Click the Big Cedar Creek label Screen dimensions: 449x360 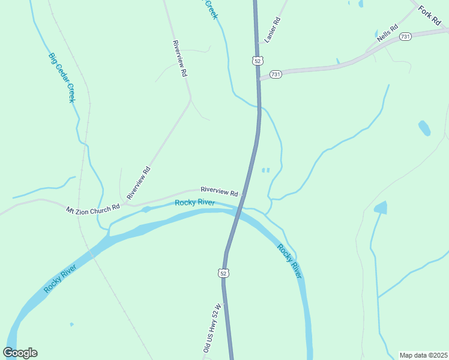tap(62, 78)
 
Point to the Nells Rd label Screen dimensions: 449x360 tap(387, 33)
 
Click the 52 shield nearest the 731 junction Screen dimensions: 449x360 tap(258, 61)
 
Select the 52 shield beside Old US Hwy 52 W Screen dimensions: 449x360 tap(223, 273)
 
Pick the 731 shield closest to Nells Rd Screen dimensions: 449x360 tap(406, 37)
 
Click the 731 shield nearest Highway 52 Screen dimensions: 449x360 tap(276, 74)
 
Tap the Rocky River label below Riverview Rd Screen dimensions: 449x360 tap(195, 203)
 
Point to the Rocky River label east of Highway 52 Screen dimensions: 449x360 tap(289, 260)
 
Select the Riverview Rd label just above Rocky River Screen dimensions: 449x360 tap(219, 192)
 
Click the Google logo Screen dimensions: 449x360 tap(20, 353)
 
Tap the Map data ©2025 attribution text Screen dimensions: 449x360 tap(424, 355)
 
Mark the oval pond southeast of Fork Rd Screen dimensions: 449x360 tap(424, 128)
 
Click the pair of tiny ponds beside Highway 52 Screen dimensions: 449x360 tap(265, 170)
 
